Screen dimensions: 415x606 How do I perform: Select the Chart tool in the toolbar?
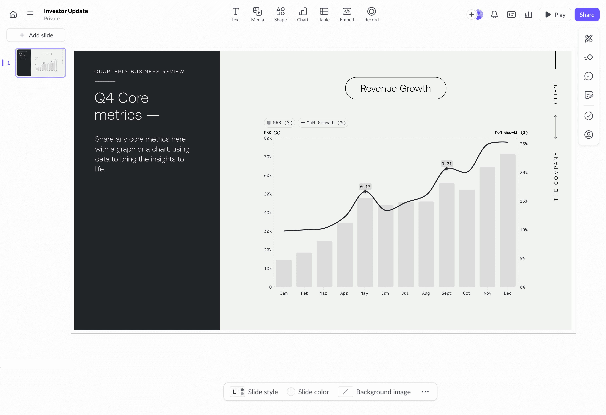click(302, 15)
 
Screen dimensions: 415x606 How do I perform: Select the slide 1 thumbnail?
click(40, 63)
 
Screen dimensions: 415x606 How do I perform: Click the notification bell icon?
click(494, 15)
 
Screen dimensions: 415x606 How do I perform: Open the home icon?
click(13, 15)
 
